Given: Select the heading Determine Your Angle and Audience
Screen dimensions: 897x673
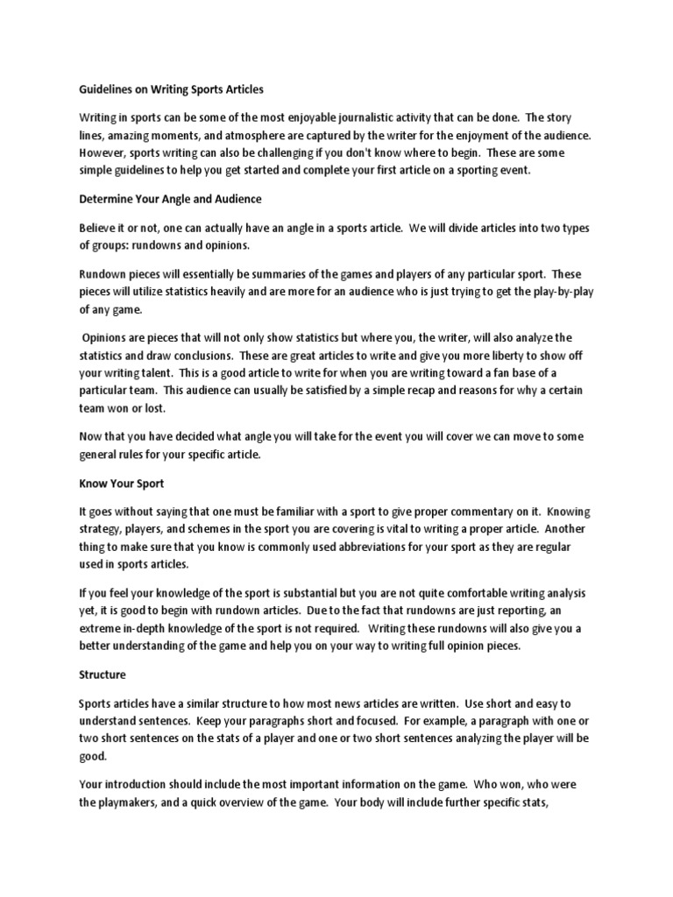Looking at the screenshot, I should point(170,199).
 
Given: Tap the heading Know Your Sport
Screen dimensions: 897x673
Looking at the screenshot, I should point(121,483).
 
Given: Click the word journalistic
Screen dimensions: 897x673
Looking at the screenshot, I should point(369,117).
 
